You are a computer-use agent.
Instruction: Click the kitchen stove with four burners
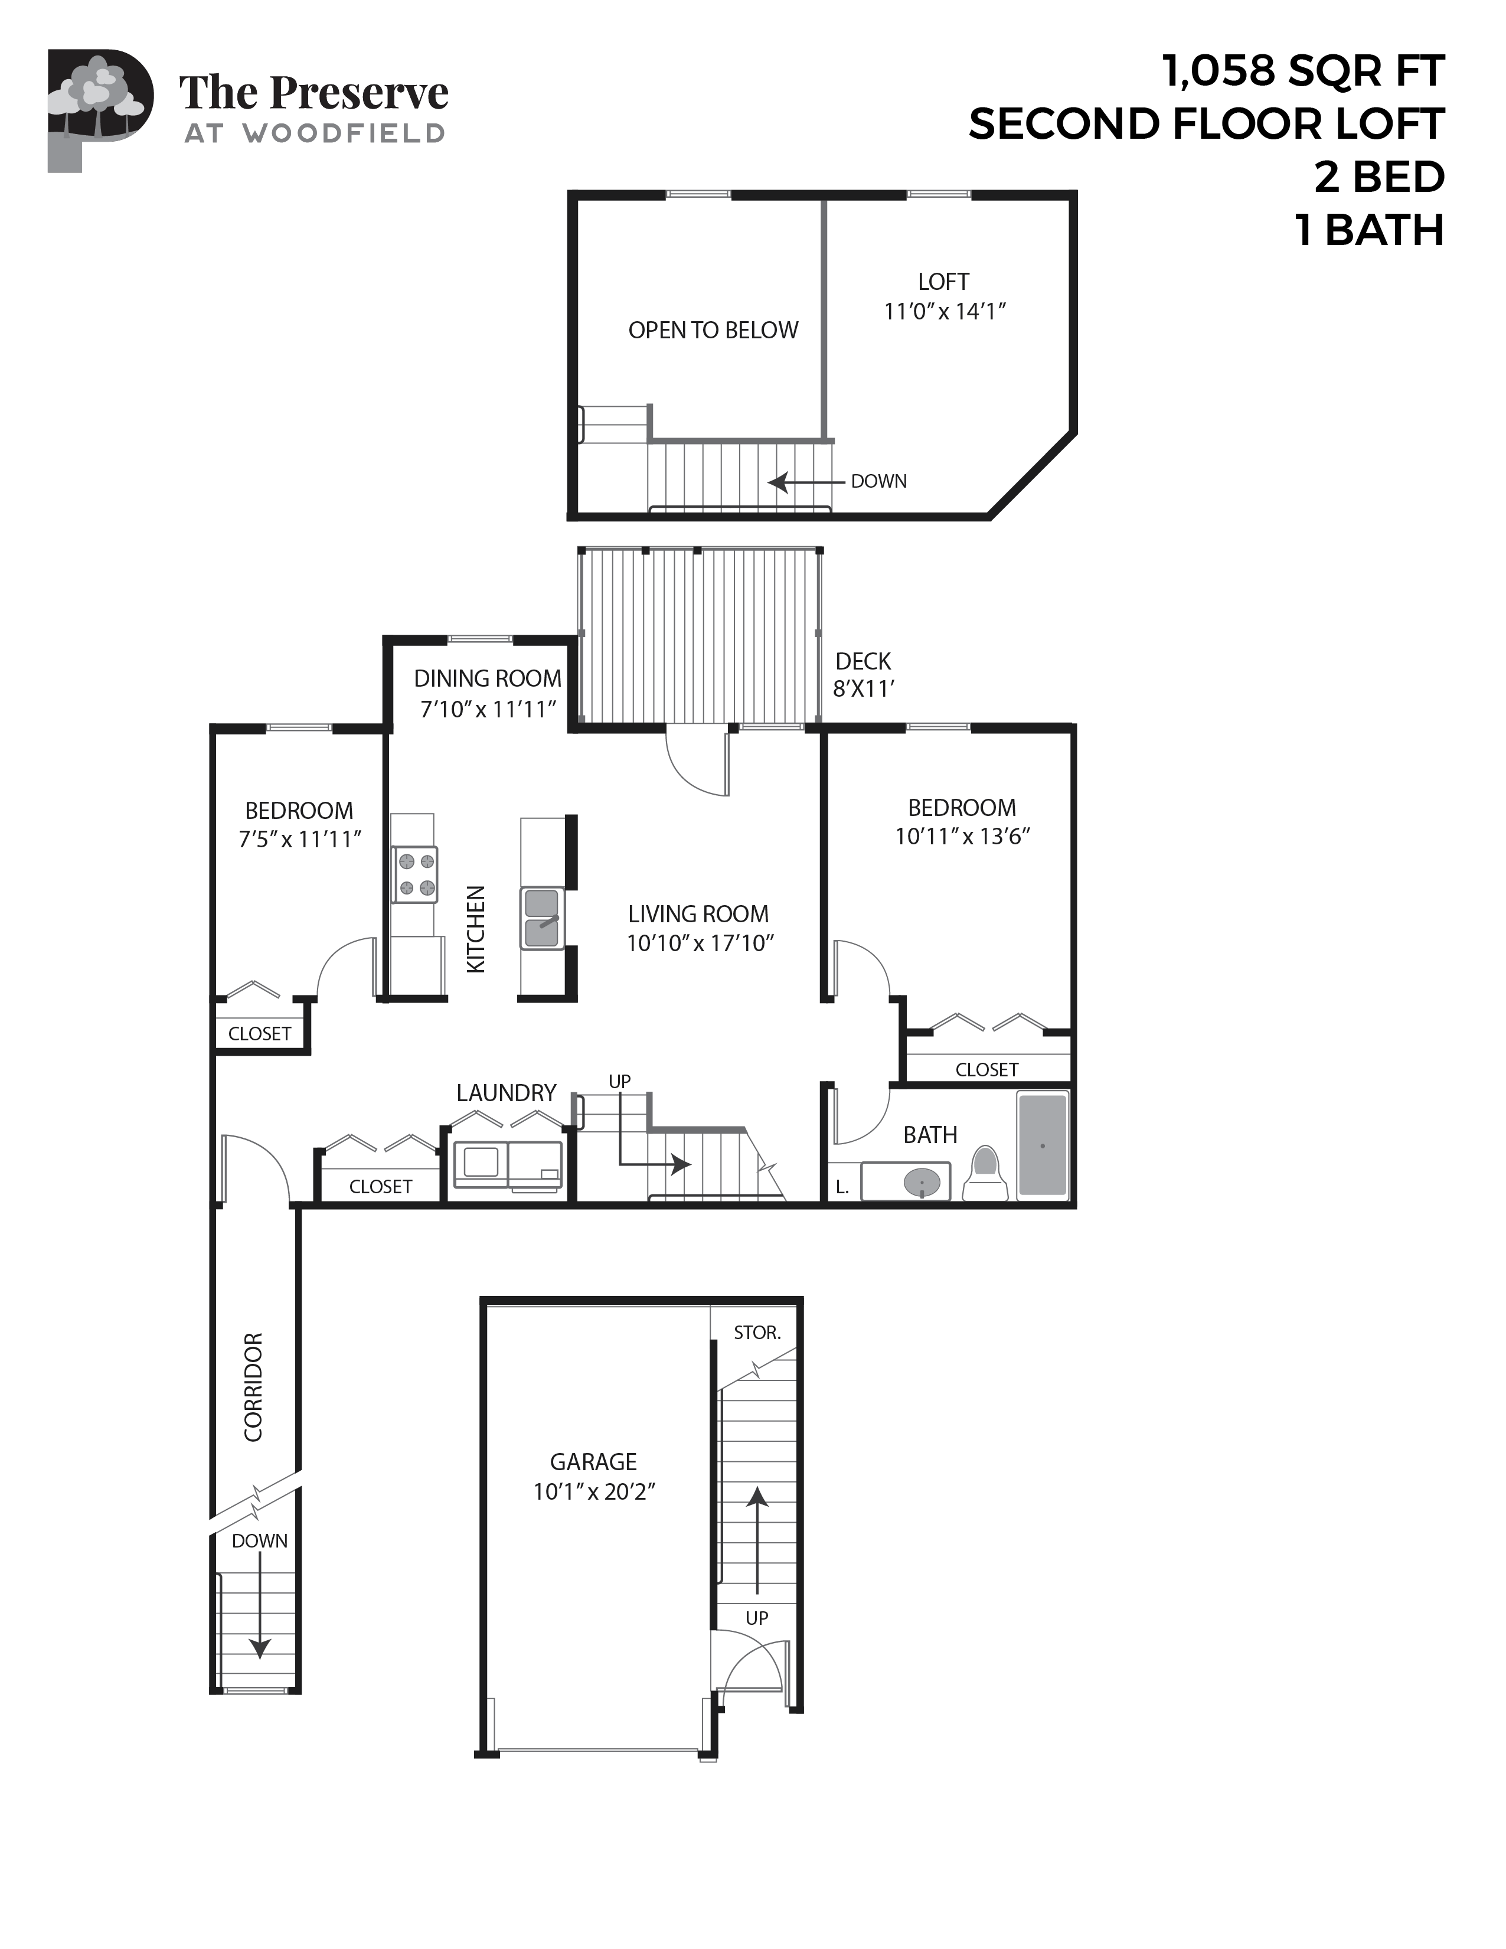point(416,874)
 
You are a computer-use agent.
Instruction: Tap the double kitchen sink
point(541,918)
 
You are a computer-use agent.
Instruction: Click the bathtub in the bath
point(1043,1144)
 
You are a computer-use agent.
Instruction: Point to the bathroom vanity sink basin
point(922,1183)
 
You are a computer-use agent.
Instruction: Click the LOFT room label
point(943,282)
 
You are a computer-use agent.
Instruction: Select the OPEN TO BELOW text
point(713,330)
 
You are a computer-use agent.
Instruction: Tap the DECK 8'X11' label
point(863,675)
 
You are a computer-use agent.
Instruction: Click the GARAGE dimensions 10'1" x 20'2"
point(594,1491)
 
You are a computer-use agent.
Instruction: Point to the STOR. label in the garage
point(757,1333)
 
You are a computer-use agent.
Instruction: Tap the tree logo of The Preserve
point(98,98)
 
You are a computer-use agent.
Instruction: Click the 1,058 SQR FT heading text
point(1302,70)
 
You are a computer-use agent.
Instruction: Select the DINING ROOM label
point(487,678)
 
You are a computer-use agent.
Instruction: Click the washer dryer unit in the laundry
point(508,1164)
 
